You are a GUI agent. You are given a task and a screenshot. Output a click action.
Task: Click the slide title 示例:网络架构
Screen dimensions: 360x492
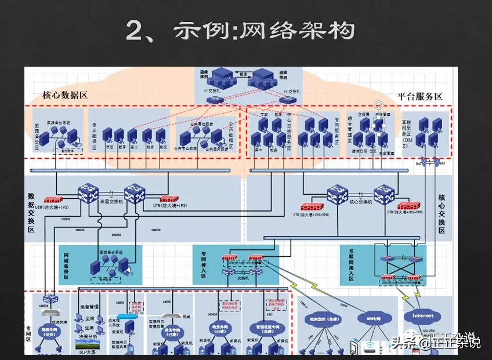click(x=240, y=31)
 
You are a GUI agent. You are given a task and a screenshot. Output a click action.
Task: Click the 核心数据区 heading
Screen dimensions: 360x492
click(x=65, y=95)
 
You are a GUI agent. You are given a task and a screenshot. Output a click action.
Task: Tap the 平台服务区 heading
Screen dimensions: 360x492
click(x=420, y=96)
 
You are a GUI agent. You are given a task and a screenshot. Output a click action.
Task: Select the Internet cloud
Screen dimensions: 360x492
click(x=422, y=316)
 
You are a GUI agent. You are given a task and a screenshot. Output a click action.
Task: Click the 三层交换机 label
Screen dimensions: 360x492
click(x=111, y=202)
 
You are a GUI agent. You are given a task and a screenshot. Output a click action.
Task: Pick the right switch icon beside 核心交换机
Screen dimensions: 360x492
click(x=384, y=194)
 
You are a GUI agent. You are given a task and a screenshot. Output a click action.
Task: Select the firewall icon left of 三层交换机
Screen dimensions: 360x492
click(x=53, y=199)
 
